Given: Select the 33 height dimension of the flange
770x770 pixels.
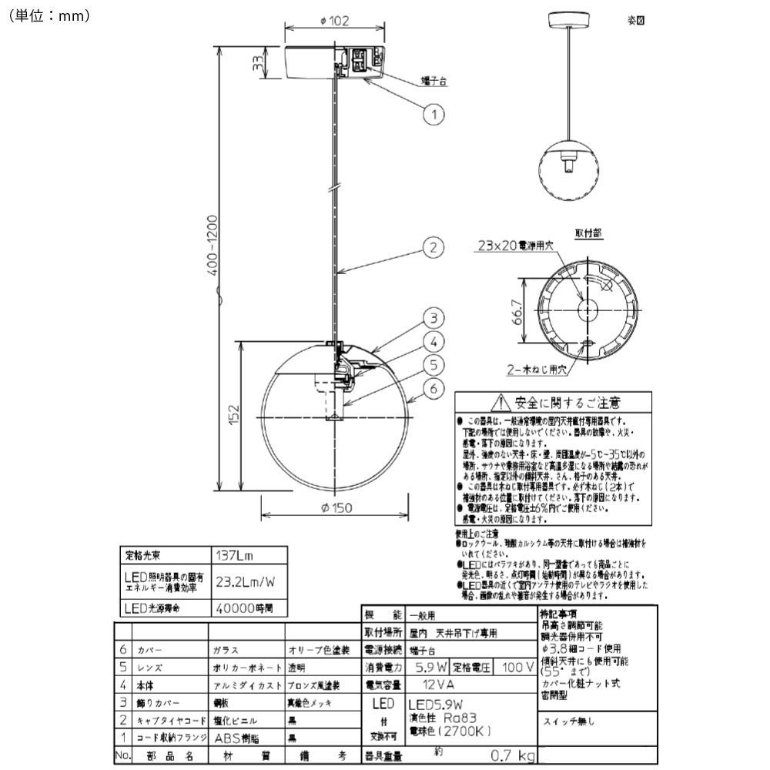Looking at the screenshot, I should (x=260, y=62).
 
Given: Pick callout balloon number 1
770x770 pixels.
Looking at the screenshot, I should (x=434, y=115).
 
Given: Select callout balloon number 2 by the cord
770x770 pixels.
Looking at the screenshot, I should (x=434, y=247).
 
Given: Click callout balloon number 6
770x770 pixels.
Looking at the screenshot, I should (x=434, y=389).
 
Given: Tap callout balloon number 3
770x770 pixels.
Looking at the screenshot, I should (x=434, y=318).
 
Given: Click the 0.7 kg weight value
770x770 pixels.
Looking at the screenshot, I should (x=515, y=756).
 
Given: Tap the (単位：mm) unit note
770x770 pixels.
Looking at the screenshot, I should (x=50, y=15).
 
